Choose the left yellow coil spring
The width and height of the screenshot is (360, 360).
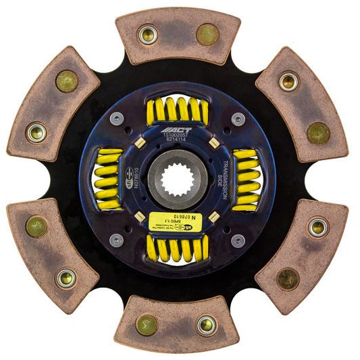(109, 178)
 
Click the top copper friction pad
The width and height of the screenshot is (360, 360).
(178, 34)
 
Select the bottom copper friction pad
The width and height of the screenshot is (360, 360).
(178, 325)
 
